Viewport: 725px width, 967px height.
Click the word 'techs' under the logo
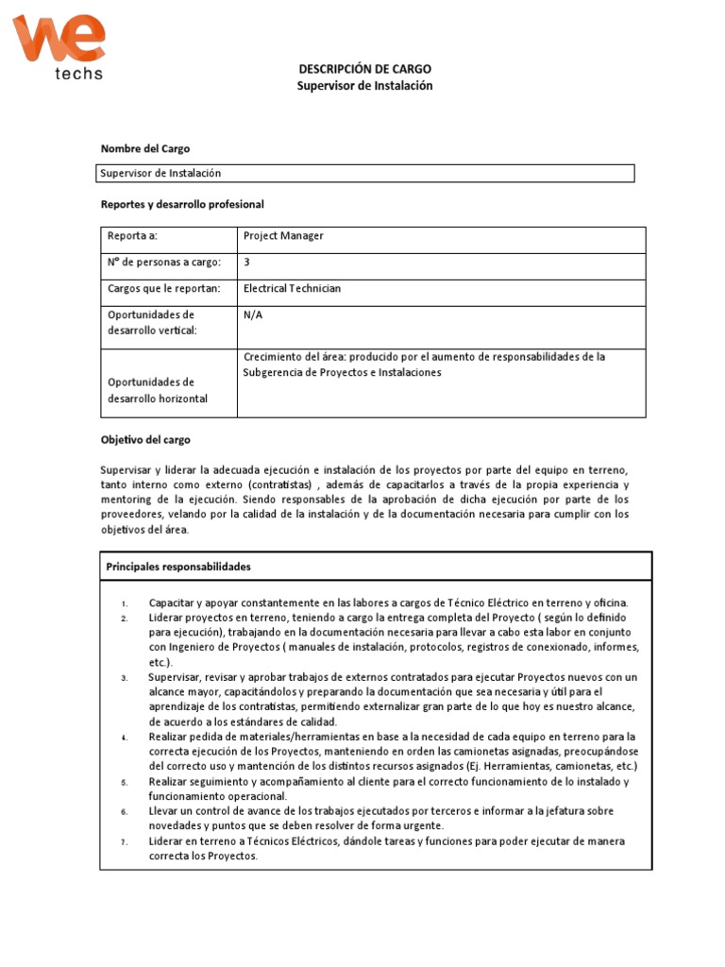pos(76,73)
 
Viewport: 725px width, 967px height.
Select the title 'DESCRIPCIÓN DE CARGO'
pos(365,69)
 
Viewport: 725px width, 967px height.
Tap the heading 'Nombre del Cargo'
pos(145,149)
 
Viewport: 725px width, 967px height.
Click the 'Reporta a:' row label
pos(132,236)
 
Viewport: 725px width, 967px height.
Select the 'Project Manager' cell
pos(283,236)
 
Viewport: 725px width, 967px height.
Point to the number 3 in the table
pos(246,263)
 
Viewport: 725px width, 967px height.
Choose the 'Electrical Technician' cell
pos(293,289)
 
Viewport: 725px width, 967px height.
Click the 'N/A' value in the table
pos(253,315)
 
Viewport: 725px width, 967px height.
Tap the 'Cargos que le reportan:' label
pos(164,289)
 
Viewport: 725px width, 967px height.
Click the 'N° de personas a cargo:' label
pos(164,263)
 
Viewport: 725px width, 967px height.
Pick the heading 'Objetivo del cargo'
pos(145,440)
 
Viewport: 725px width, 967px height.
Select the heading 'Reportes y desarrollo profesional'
pos(182,204)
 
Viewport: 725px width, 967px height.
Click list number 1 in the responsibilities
pos(124,603)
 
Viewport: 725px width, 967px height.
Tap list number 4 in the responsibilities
pos(124,736)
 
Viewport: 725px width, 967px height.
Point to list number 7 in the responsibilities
pos(124,841)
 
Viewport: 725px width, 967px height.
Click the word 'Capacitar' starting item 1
pos(171,602)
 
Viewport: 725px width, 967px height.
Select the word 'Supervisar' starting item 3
pos(175,677)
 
